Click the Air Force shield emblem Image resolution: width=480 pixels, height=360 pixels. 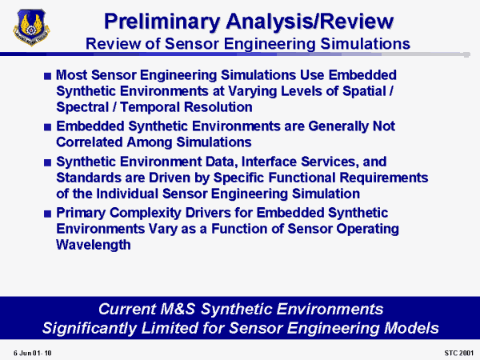click(x=31, y=27)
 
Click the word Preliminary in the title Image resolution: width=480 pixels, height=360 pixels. click(x=162, y=22)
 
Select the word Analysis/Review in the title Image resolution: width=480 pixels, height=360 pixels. click(x=310, y=22)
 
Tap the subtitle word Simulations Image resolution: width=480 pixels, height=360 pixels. click(x=366, y=44)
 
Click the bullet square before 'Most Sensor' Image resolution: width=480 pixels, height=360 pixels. click(x=47, y=76)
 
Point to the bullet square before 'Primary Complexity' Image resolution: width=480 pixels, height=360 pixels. click(x=47, y=214)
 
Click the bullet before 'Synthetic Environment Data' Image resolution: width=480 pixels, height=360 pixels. click(x=47, y=162)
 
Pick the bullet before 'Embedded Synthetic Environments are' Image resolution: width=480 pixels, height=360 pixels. click(x=47, y=126)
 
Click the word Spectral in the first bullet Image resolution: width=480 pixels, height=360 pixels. click(x=82, y=107)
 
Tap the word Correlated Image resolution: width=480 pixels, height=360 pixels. click(x=90, y=142)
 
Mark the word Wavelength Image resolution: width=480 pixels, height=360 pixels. click(x=94, y=245)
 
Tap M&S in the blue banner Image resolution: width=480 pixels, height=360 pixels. click(x=178, y=309)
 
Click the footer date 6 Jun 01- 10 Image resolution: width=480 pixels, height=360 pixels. click(x=33, y=353)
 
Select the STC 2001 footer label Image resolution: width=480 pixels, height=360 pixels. click(x=458, y=353)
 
